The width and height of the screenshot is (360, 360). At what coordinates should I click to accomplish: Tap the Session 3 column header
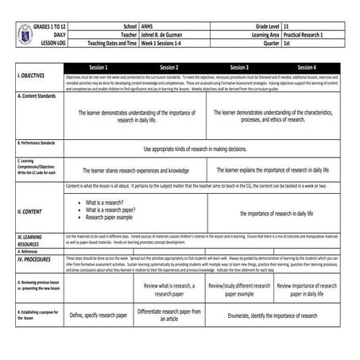(239, 68)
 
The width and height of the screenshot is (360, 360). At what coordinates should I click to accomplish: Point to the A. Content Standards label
(35, 95)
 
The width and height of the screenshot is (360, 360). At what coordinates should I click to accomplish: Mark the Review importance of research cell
(308, 288)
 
